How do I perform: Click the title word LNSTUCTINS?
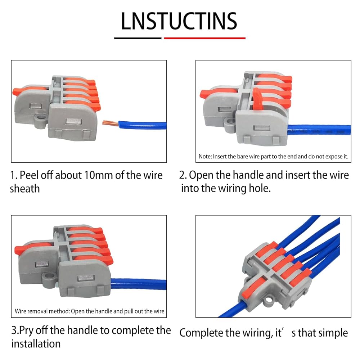(x=179, y=21)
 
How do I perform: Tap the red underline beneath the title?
(x=204, y=38)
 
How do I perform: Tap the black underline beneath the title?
(x=138, y=38)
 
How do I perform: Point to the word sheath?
(x=25, y=189)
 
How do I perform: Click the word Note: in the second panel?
(x=205, y=157)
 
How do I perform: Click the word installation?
(x=36, y=344)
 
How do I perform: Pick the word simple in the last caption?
(x=332, y=333)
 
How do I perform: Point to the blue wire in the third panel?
(x=139, y=284)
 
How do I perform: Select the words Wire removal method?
(x=42, y=311)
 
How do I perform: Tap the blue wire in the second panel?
(x=319, y=130)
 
